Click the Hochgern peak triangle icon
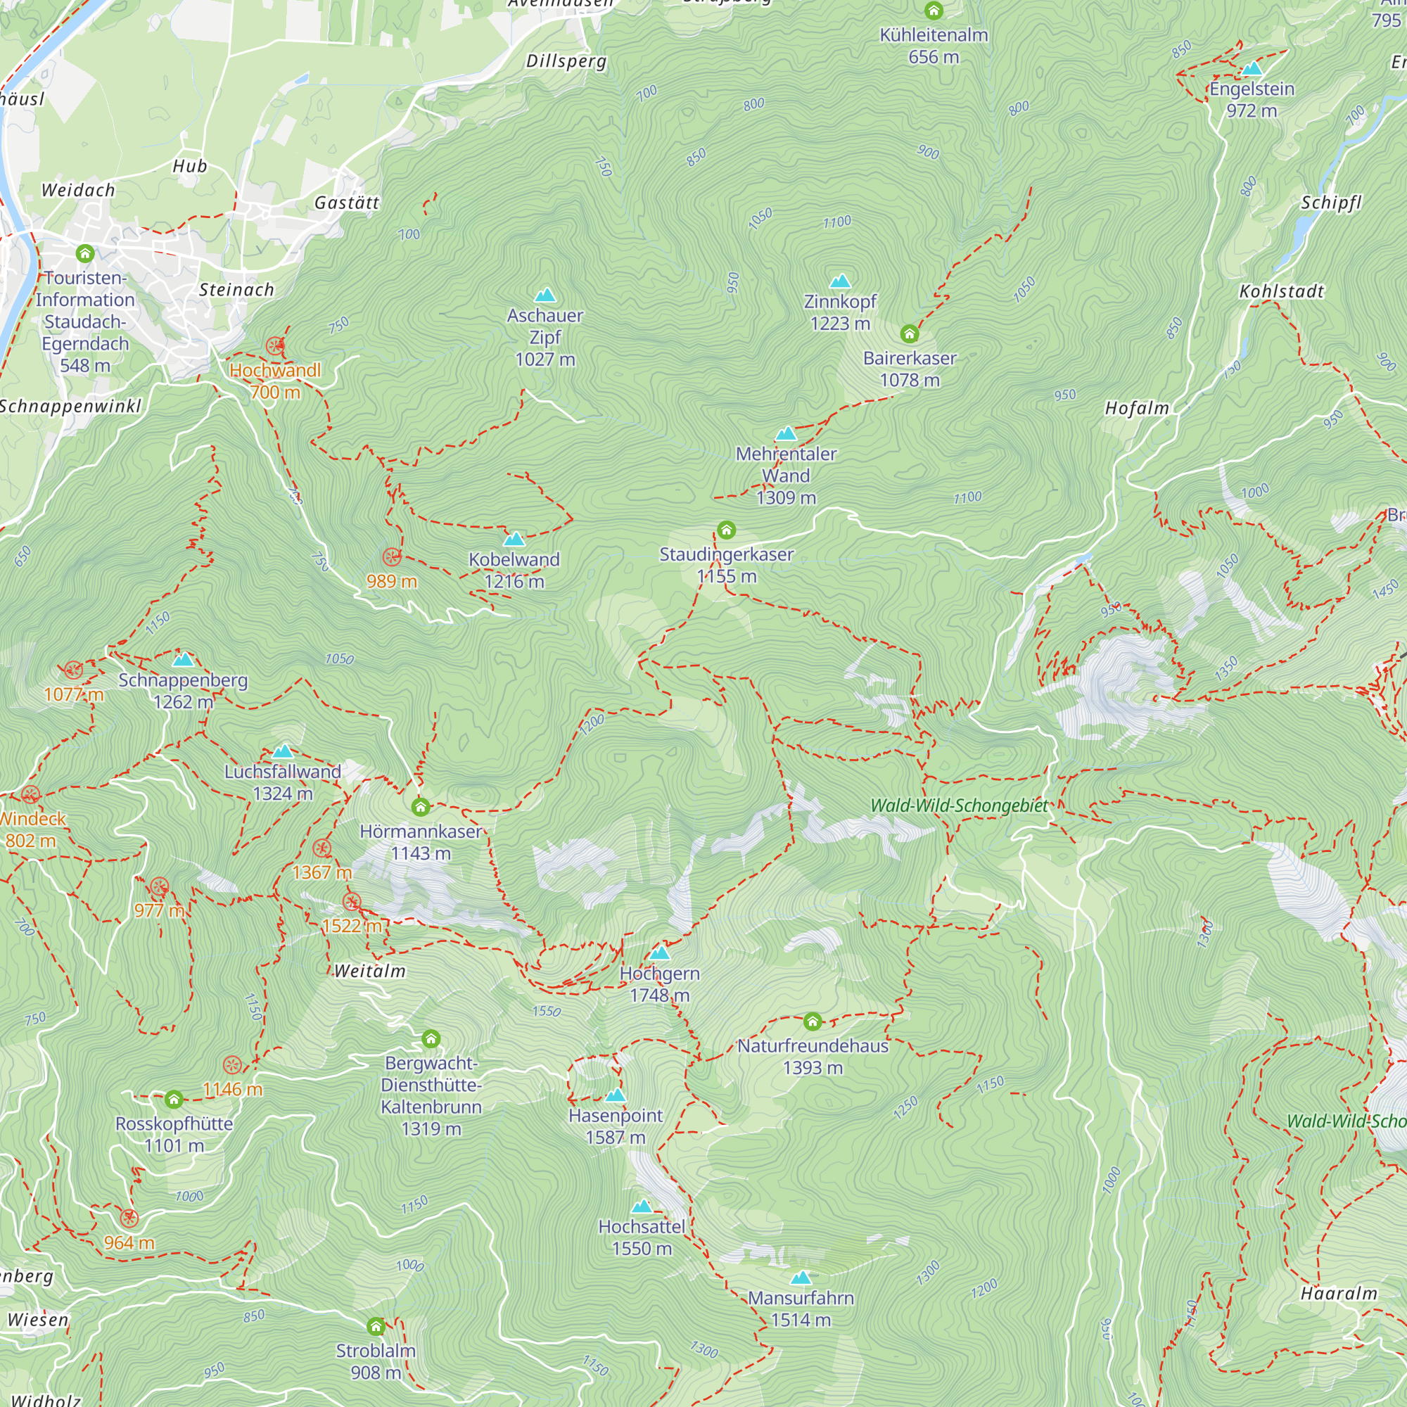pos(660,953)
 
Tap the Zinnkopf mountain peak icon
pos(840,281)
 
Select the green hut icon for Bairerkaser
pos(909,334)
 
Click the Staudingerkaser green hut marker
pos(726,530)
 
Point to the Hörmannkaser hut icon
pos(420,807)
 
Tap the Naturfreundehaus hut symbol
pos(813,1021)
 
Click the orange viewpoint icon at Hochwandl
pos(275,346)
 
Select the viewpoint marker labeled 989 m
pos(392,558)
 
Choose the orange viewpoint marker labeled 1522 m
pos(352,903)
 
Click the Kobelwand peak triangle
pos(514,540)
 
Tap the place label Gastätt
pos(347,203)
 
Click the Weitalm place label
pos(370,972)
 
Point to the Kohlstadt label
pos(1282,291)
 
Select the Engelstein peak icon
pos(1252,69)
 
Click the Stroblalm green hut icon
pos(376,1326)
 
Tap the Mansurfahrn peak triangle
pos(801,1278)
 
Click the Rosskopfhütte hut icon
pos(173,1099)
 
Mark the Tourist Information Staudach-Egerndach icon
pos(85,253)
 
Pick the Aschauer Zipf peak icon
pos(545,295)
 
